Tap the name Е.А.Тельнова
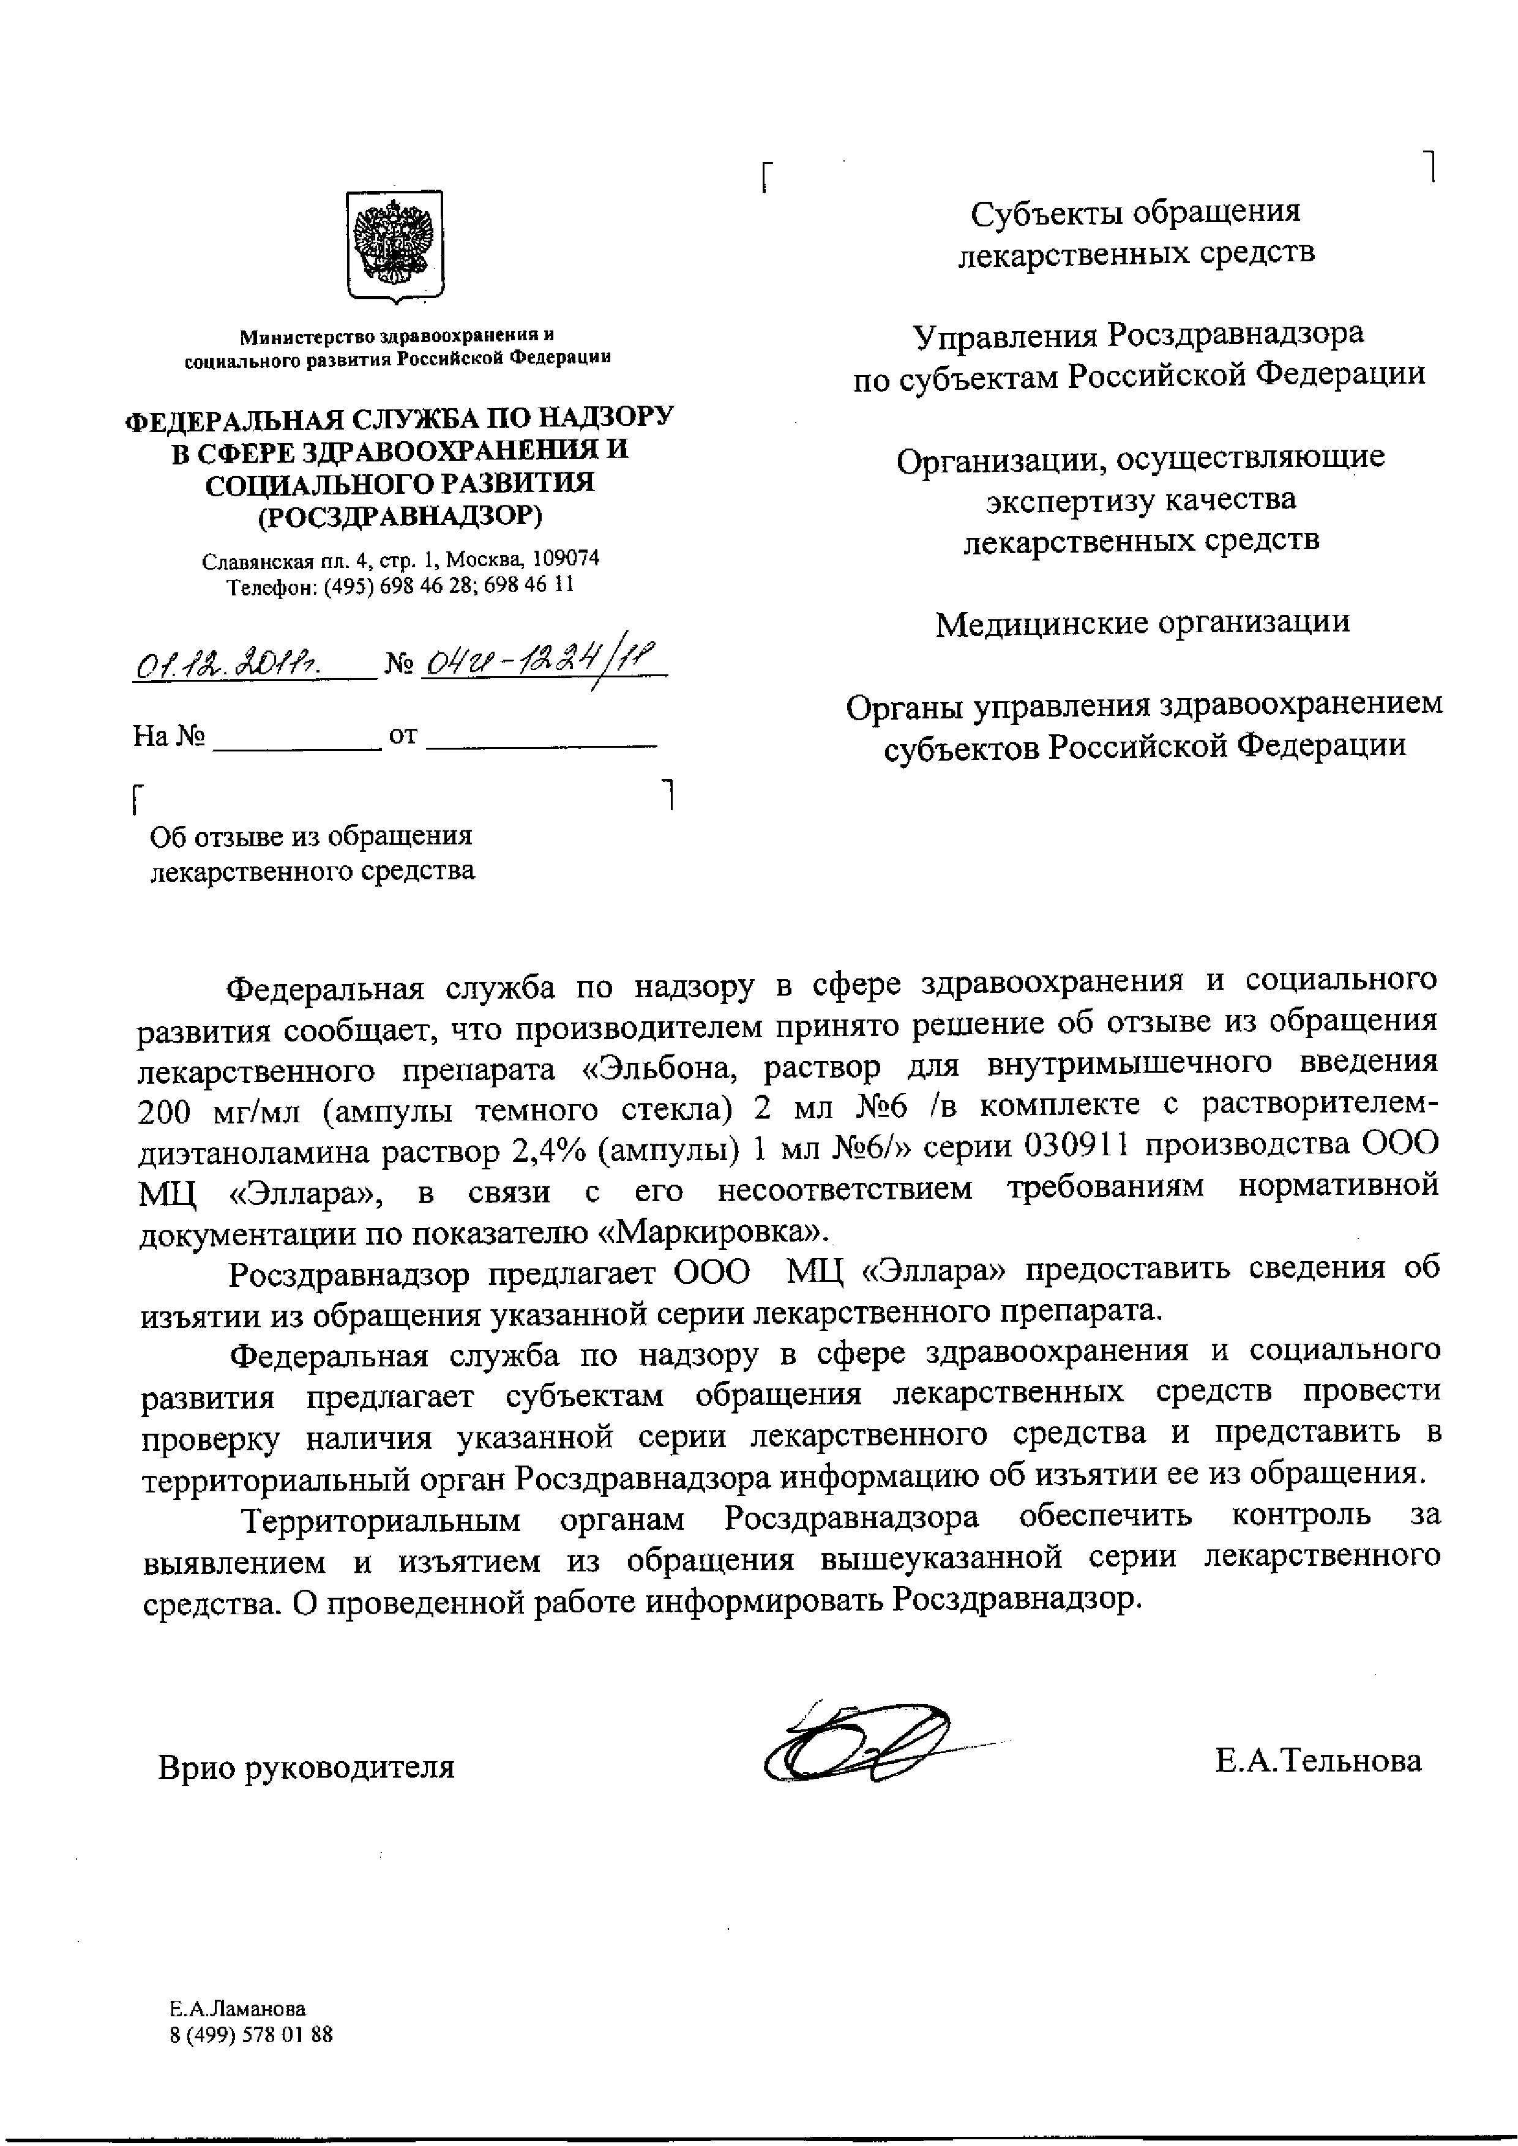point(1318,1761)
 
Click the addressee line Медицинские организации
point(1142,622)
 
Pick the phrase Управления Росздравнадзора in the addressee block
point(1138,333)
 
